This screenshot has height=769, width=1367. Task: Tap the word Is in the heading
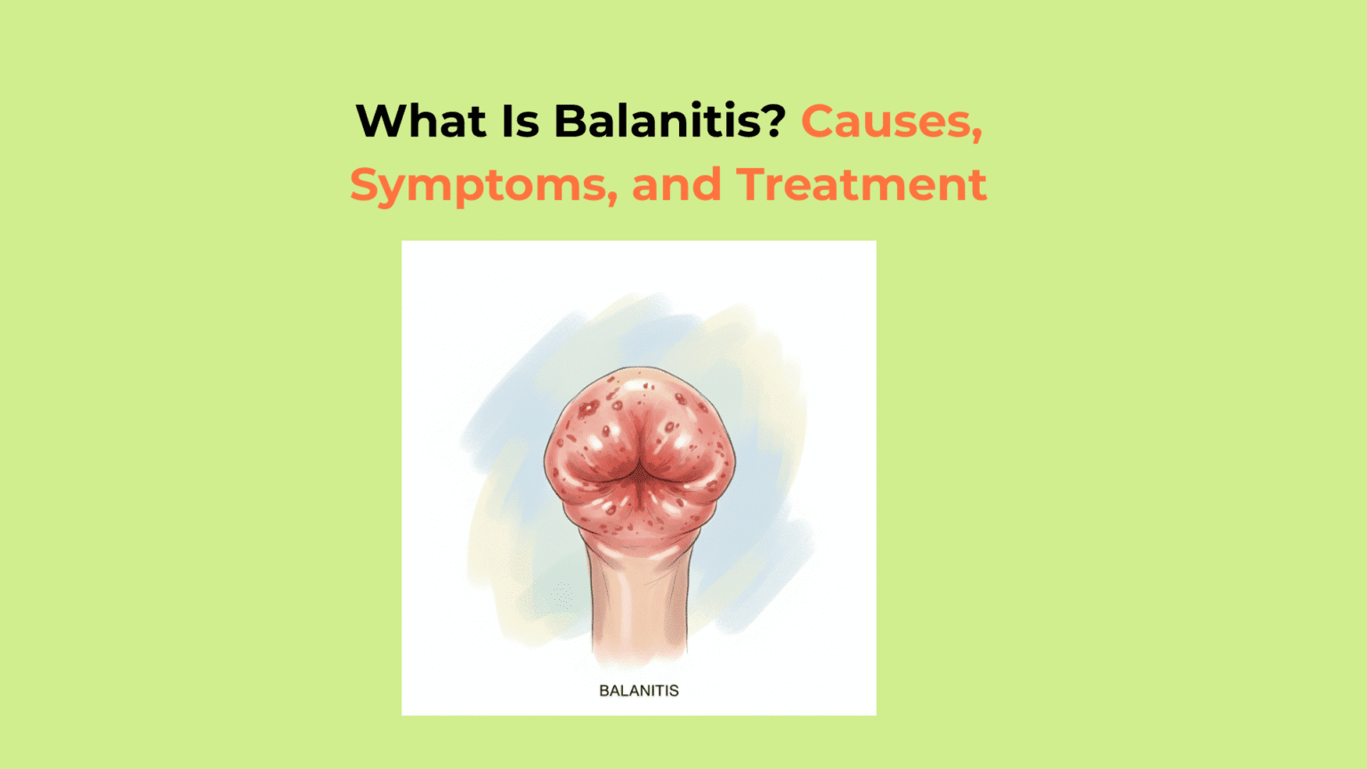click(521, 121)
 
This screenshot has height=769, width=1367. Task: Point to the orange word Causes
click(885, 121)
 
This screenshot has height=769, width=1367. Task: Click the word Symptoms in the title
click(478, 185)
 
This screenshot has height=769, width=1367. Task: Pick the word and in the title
click(675, 185)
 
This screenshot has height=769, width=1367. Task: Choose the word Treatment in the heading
click(861, 185)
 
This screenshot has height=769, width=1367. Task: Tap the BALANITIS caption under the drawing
click(638, 691)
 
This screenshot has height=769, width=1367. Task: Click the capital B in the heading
click(570, 121)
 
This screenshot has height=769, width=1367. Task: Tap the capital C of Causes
click(817, 121)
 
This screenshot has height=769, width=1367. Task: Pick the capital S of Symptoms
click(365, 185)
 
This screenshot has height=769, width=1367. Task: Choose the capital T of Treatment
click(753, 185)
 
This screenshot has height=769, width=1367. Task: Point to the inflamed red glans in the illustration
click(638, 454)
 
